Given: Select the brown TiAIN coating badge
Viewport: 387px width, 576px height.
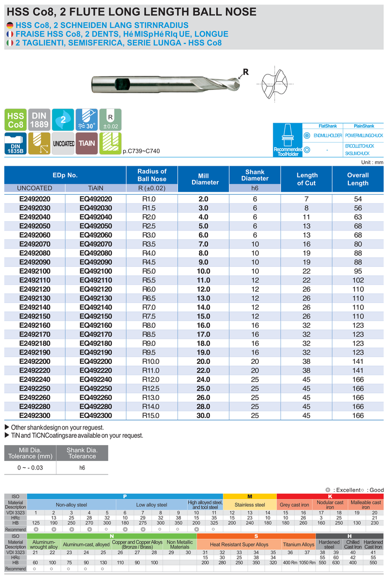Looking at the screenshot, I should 87,144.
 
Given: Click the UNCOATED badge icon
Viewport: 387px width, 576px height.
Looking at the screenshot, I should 63,144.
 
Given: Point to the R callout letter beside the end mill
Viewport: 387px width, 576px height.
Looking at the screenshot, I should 245,72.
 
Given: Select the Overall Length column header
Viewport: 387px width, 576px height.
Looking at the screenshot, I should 357,179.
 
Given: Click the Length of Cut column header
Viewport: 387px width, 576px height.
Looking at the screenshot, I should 307,179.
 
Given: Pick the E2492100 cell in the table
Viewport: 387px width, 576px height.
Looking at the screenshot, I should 34,271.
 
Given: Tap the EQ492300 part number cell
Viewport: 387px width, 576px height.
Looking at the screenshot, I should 96,415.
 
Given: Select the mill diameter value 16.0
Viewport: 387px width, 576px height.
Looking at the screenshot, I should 203,325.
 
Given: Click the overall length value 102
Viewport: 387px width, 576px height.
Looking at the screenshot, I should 357,280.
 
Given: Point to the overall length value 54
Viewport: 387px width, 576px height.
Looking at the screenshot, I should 357,199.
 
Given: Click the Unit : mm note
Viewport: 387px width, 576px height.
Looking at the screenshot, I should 372,162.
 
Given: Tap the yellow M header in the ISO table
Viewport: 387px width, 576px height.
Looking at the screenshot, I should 250,496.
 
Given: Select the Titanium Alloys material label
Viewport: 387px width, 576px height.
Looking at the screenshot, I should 298,544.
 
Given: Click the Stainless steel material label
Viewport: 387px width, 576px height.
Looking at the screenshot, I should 250,504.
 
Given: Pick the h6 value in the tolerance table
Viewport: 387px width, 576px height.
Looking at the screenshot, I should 82,468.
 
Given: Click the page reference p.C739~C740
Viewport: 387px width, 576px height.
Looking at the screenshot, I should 141,151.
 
